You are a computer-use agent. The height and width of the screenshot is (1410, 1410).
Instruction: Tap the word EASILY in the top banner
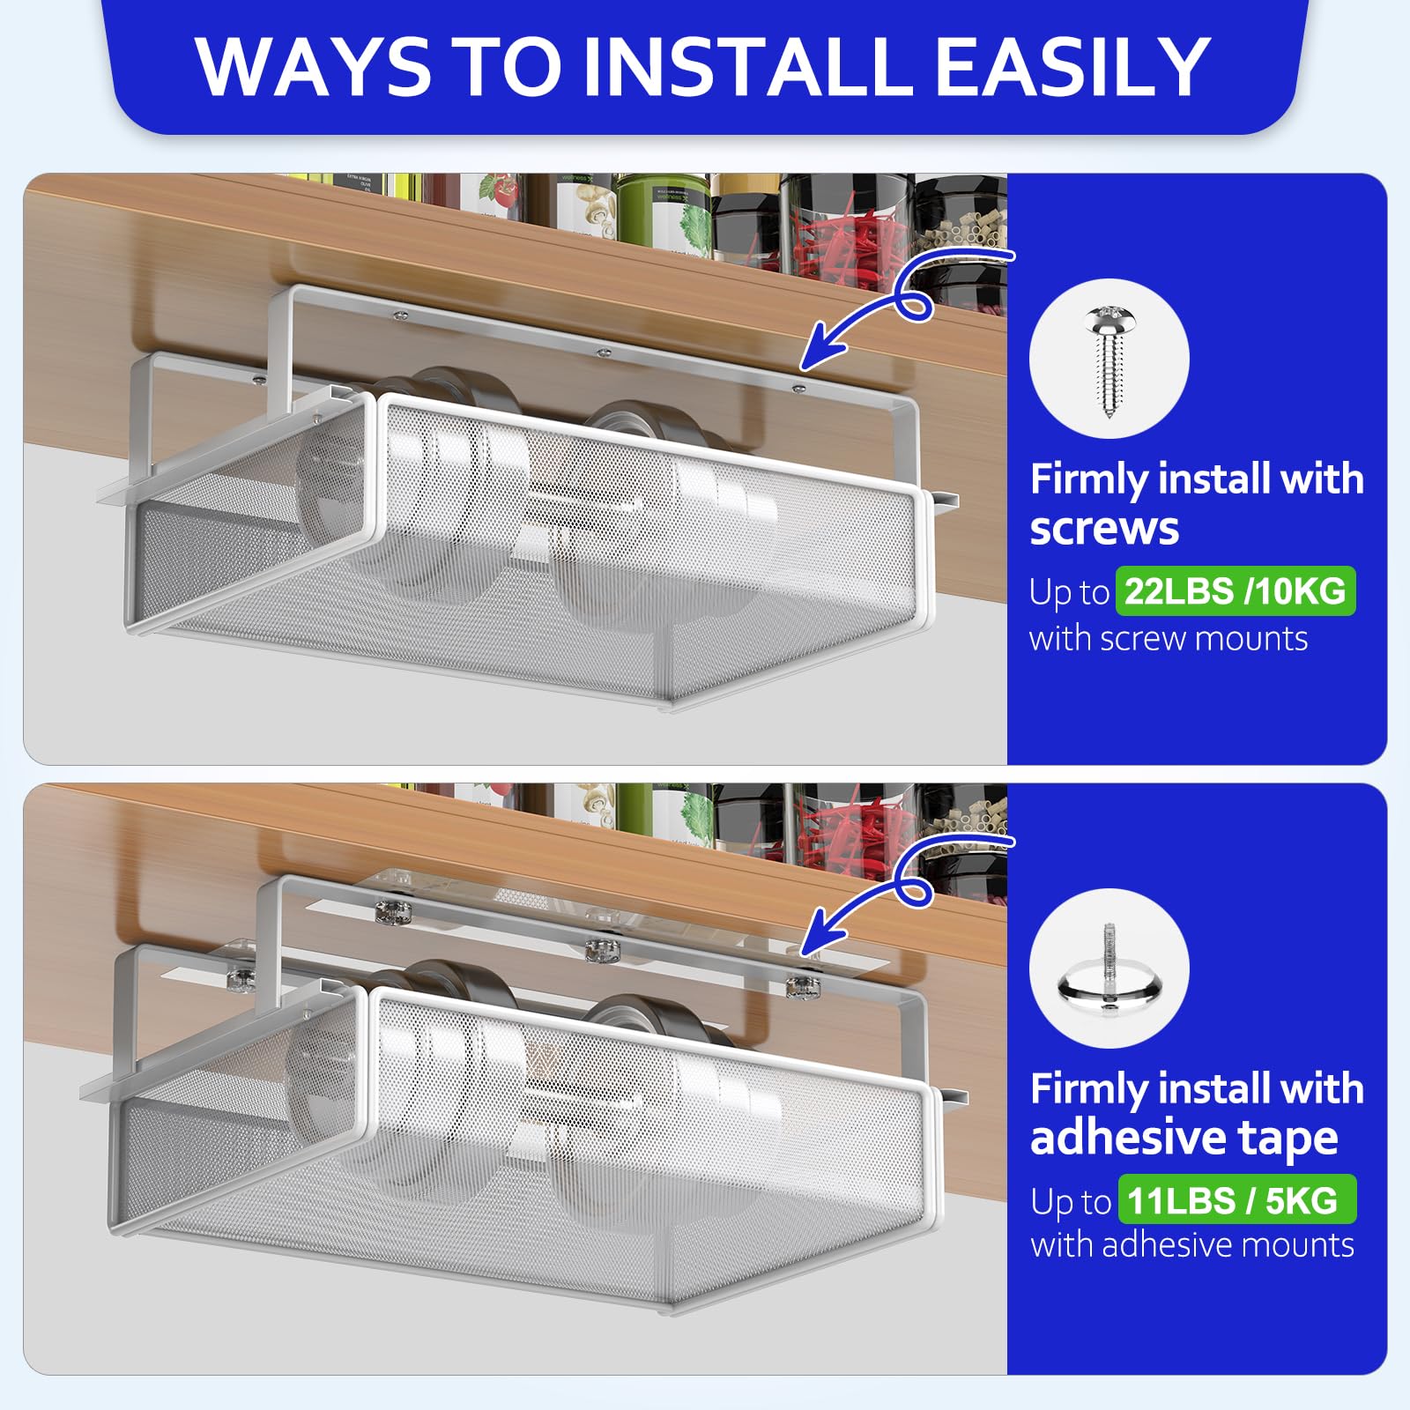(x=1072, y=67)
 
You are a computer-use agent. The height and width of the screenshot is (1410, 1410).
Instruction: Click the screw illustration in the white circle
(x=1108, y=360)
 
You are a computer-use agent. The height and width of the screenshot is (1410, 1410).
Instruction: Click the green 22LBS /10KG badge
(x=1235, y=591)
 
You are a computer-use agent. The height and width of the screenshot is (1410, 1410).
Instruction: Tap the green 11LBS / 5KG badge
(x=1236, y=1200)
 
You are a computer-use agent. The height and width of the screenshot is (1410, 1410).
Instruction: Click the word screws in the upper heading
(x=1103, y=529)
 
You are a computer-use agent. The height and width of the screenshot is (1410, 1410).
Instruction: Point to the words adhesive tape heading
(x=1184, y=1138)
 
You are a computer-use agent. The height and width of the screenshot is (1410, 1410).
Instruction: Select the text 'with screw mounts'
(x=1168, y=639)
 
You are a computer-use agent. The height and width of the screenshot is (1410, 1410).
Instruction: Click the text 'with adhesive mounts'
(x=1191, y=1245)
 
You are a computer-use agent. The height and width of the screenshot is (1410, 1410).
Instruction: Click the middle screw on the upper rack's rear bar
(x=603, y=353)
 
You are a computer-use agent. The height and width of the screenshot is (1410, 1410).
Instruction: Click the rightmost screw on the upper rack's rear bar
(x=798, y=388)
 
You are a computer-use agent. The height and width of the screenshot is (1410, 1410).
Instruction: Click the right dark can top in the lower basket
(x=643, y=1020)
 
